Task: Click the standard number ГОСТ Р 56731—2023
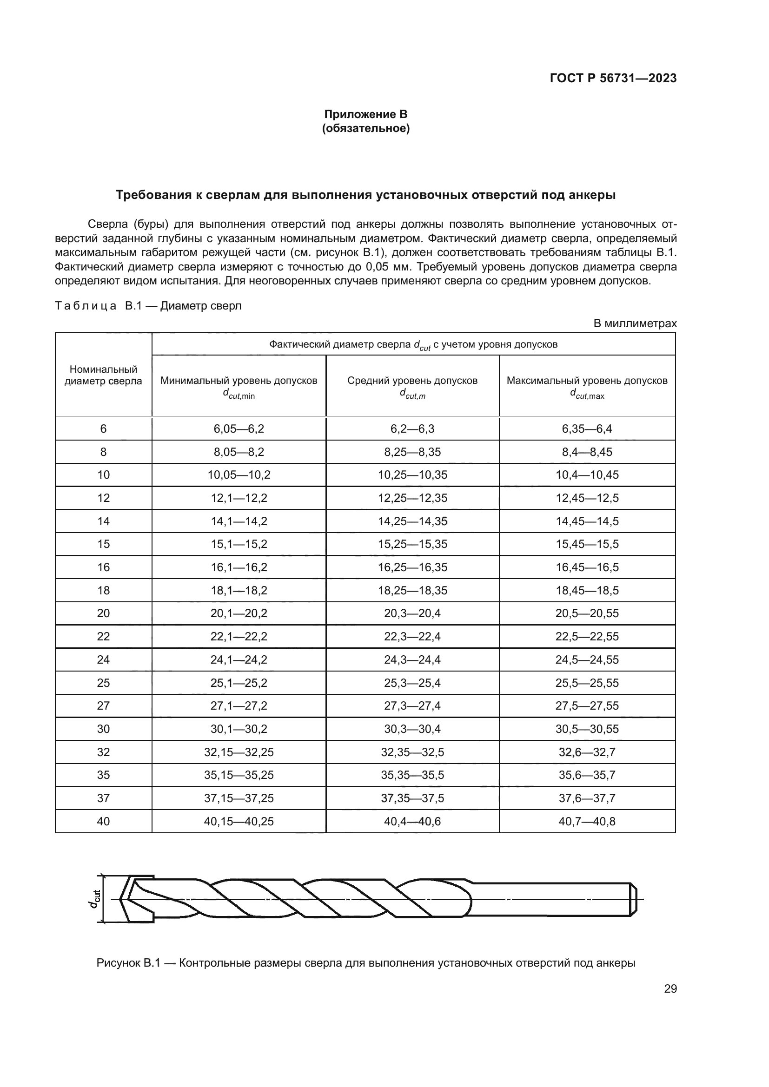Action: (613, 78)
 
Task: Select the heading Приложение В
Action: (365, 114)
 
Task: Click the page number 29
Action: (670, 988)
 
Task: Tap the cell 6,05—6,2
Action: (239, 429)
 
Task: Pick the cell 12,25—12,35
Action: (412, 498)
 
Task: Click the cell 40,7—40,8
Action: (587, 821)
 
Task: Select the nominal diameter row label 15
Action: (103, 545)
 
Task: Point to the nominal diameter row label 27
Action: (103, 706)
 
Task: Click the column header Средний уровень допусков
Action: (412, 381)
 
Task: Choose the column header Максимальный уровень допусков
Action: (587, 381)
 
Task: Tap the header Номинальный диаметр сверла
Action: (103, 375)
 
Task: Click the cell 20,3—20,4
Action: (412, 613)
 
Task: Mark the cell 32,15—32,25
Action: (239, 752)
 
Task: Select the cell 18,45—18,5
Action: (587, 590)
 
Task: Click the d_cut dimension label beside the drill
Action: (95, 899)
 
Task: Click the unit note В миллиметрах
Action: (635, 323)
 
